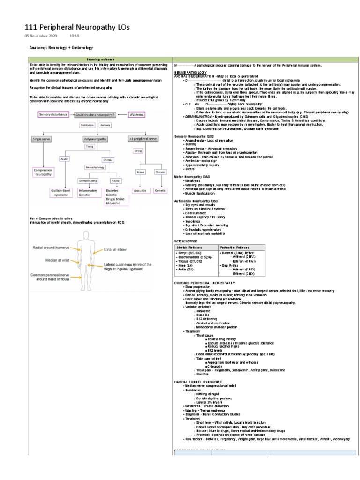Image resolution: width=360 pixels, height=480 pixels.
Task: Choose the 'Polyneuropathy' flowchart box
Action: pos(96,139)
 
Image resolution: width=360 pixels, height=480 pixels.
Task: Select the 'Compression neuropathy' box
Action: pos(45,172)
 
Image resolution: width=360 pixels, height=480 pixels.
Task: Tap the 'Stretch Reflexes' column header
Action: pos(187,247)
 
